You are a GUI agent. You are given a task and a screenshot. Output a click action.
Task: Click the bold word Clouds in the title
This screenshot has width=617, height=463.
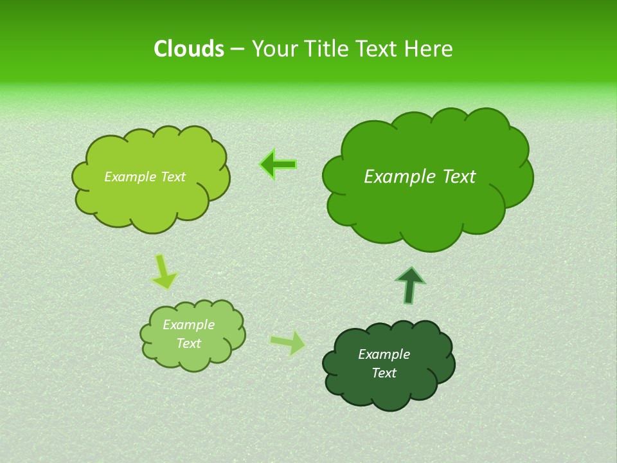coord(188,49)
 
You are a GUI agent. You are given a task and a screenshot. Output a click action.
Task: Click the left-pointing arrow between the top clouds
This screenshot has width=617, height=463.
coord(278,165)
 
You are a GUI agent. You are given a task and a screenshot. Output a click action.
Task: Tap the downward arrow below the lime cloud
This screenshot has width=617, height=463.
coord(163,271)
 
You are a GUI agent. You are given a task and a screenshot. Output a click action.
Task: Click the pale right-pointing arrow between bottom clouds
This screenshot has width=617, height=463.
coord(288,342)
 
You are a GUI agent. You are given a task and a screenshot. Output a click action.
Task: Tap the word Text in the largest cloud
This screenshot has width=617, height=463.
coord(459,177)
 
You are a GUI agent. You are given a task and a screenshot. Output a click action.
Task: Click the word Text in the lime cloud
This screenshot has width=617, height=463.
coord(173,177)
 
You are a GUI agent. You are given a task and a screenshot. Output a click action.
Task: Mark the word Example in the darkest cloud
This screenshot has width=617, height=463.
coord(384,354)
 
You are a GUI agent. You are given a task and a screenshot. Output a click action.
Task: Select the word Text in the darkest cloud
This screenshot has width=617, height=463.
coord(384,373)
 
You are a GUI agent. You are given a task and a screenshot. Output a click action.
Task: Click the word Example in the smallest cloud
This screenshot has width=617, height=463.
coord(188,325)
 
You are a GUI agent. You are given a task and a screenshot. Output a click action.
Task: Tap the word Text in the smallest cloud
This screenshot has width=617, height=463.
coord(188,343)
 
